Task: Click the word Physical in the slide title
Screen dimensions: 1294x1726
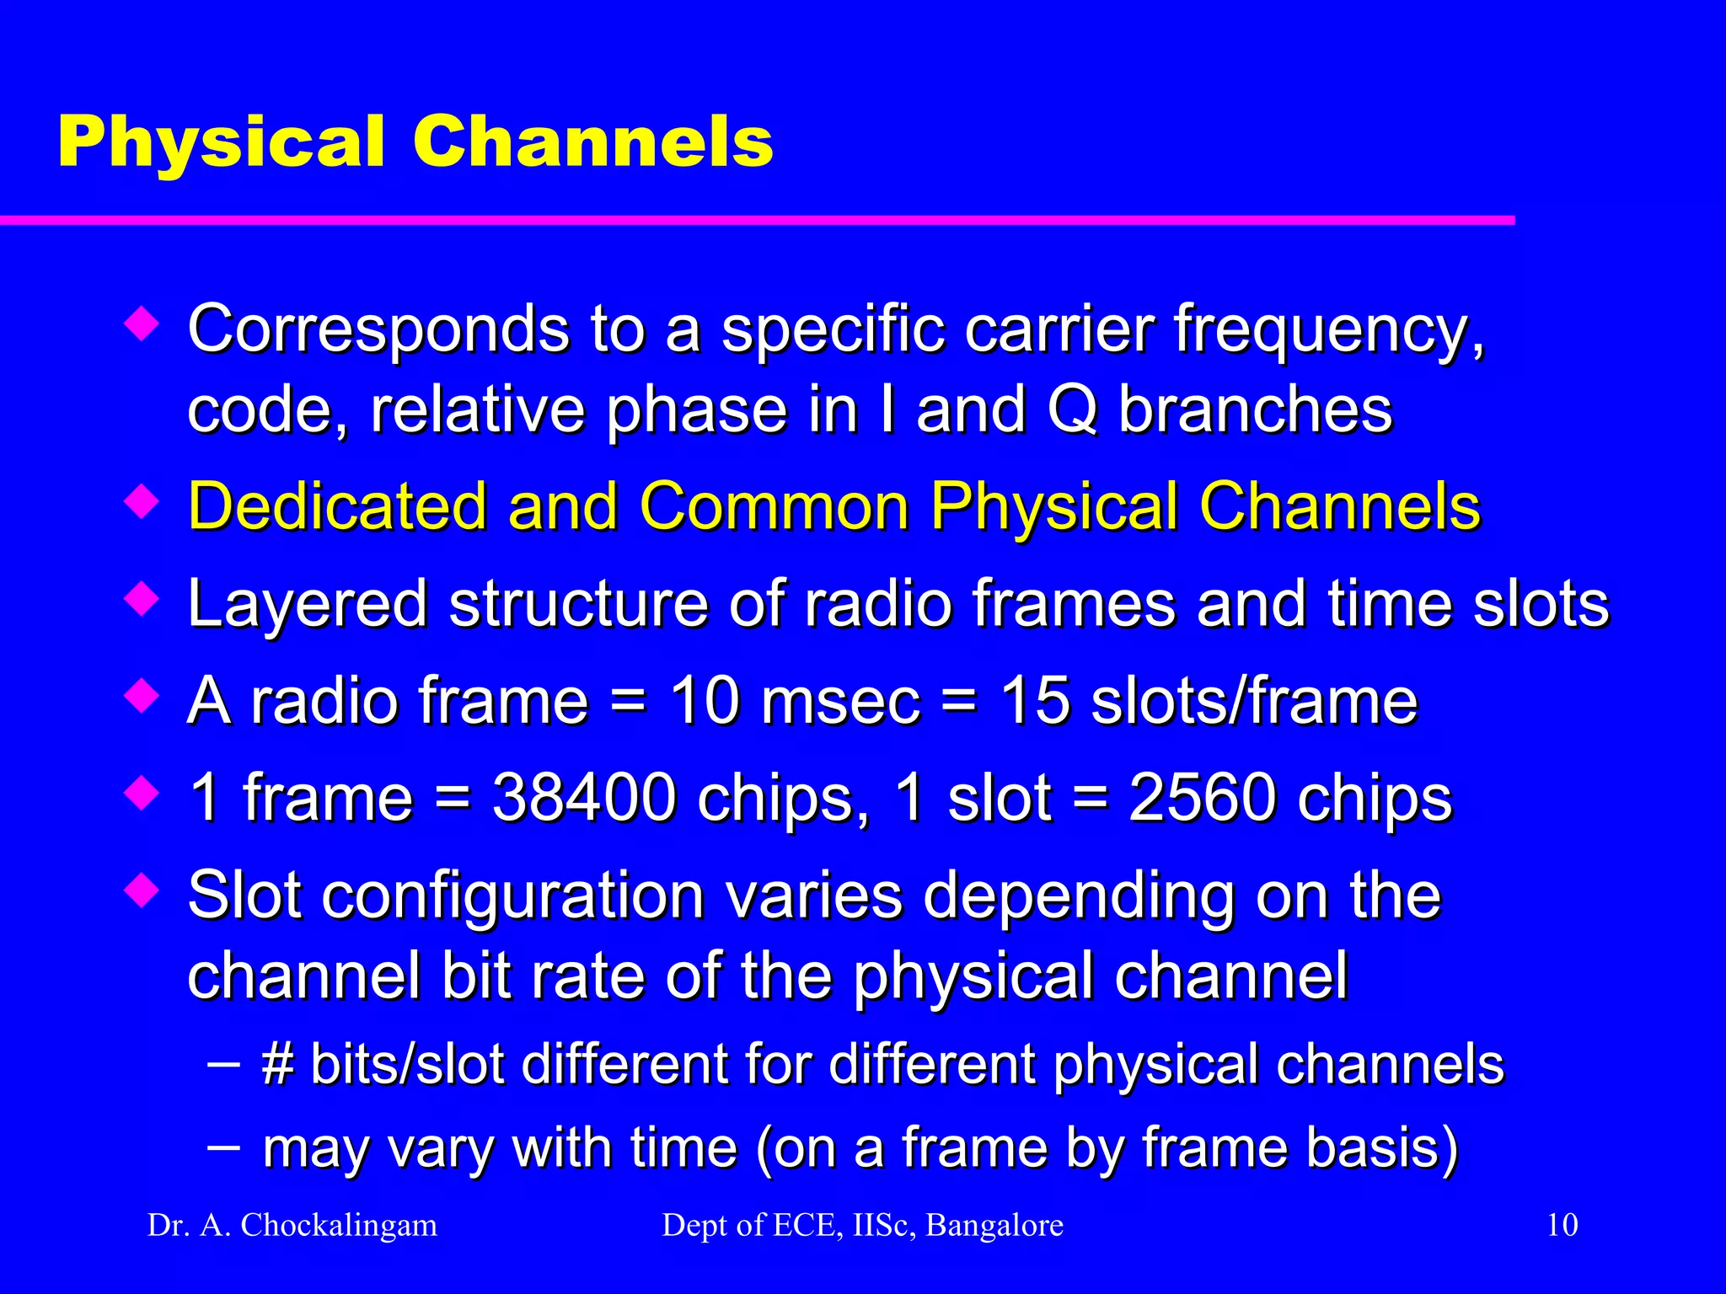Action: pyautogui.click(x=221, y=143)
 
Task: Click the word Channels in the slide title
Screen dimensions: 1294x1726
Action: pyautogui.click(x=592, y=142)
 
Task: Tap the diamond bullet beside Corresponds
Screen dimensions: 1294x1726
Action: pyautogui.click(x=141, y=324)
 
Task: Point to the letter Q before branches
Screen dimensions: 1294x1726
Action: pyautogui.click(x=1072, y=410)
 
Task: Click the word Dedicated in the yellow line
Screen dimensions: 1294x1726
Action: pyautogui.click(x=337, y=506)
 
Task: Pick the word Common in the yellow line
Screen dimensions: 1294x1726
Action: pyautogui.click(x=774, y=506)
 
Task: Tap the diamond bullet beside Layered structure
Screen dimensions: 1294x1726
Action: pyautogui.click(x=141, y=600)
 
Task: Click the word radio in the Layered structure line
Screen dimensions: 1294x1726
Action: pyautogui.click(x=877, y=604)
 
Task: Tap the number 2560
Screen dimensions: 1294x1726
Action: pyautogui.click(x=1203, y=798)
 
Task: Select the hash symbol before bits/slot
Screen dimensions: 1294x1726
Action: pyautogui.click(x=277, y=1064)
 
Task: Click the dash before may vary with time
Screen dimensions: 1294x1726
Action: pyautogui.click(x=222, y=1147)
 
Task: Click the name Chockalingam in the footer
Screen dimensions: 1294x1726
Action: pyautogui.click(x=339, y=1226)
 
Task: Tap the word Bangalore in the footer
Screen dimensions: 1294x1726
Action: pyautogui.click(x=994, y=1225)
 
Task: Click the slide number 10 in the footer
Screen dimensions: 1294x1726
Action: pyautogui.click(x=1562, y=1225)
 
